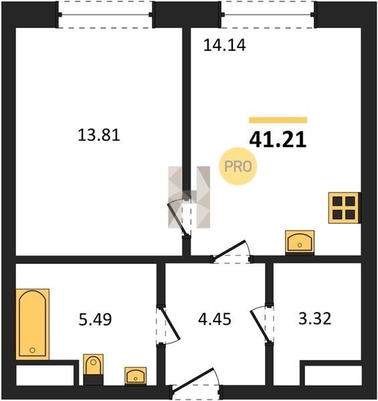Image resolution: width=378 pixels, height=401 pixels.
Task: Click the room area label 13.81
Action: coord(99,135)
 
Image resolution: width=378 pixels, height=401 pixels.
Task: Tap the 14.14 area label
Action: coord(224,45)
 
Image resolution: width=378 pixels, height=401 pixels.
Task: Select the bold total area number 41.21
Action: coord(278,140)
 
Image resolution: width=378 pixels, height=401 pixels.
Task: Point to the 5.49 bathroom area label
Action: coord(95,319)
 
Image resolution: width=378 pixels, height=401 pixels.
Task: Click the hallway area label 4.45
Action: coord(215,319)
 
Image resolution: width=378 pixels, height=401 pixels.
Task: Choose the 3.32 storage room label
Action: coord(315,319)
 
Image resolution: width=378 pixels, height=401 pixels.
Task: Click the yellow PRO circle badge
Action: coord(238,166)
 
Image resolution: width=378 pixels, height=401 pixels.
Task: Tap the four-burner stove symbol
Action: coord(345,208)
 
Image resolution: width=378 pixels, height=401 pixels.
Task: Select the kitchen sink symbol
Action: coord(300,243)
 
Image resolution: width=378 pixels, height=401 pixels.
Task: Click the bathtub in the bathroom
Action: coord(33,324)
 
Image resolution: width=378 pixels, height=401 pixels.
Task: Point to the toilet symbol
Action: coord(94,370)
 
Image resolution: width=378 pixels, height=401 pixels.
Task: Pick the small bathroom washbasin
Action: coord(136,376)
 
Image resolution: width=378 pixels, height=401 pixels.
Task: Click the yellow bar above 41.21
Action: coord(278,120)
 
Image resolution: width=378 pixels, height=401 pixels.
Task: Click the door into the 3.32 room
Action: coord(261,324)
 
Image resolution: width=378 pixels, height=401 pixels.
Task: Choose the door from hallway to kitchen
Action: coord(231,252)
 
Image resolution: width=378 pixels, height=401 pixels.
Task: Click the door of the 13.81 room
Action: coord(179,218)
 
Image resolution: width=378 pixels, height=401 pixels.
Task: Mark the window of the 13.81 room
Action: coord(106,15)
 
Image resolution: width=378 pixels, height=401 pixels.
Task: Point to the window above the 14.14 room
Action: coord(268,15)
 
